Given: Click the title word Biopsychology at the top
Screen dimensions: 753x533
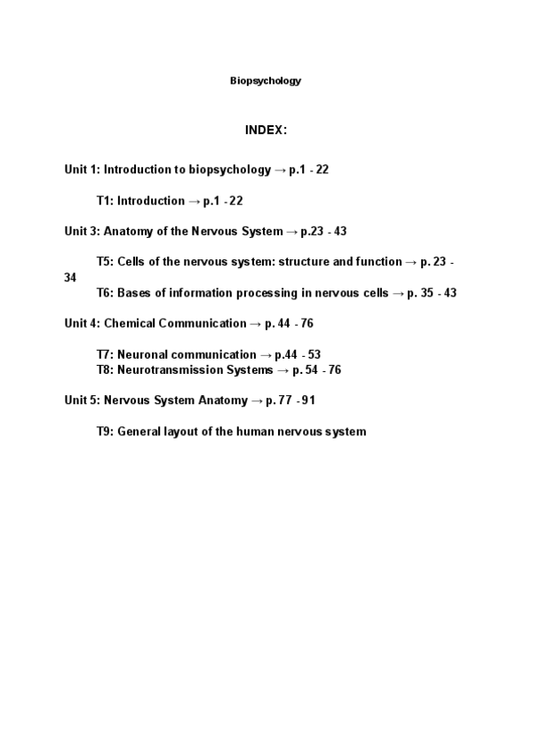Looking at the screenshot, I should (266, 81).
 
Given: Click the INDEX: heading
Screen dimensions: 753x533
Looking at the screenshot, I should (266, 131).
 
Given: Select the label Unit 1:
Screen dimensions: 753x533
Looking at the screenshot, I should (82, 170).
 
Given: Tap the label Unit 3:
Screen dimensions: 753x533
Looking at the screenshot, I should (82, 232).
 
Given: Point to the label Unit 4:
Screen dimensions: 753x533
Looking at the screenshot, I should (82, 324).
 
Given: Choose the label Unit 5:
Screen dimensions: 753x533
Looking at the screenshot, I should (82, 400).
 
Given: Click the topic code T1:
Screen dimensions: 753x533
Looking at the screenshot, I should (105, 202).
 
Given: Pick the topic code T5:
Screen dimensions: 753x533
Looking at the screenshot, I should (105, 263).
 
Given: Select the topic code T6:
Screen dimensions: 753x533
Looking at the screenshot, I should (105, 294).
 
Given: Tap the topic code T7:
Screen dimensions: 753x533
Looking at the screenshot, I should (105, 355).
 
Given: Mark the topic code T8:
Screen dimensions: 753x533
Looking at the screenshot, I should (105, 370).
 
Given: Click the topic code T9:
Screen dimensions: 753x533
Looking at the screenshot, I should (105, 432).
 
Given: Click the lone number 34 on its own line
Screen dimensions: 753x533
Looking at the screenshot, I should (70, 278).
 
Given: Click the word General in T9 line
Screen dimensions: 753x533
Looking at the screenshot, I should (139, 432).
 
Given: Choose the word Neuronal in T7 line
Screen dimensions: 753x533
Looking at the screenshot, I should (140, 355).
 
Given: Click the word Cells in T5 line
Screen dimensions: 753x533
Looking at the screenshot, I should (132, 263).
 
